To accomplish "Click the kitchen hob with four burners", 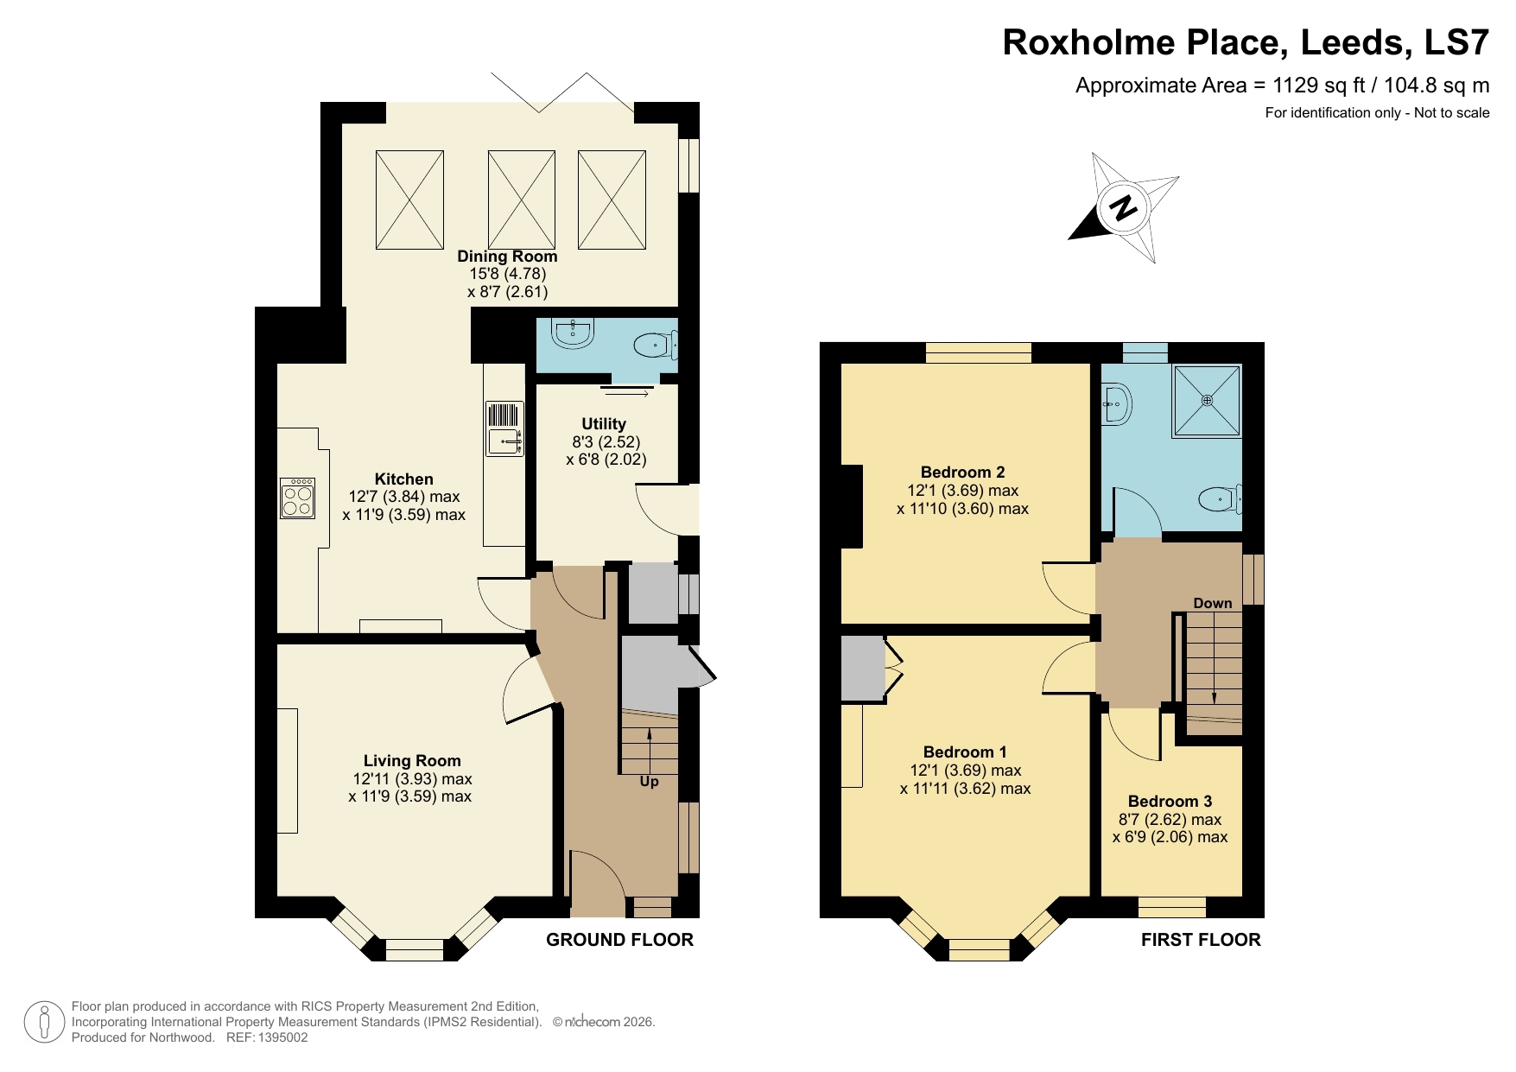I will [297, 498].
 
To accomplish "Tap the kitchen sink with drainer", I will [504, 428].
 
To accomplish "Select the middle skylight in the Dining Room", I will [522, 200].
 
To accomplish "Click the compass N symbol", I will [1123, 207].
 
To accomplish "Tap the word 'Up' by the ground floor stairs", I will [649, 782].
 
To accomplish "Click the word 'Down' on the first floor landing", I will [1212, 603].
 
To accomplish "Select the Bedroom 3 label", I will [1170, 801].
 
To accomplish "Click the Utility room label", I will [603, 423].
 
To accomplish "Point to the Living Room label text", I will [412, 760].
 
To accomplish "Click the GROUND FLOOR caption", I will [619, 940].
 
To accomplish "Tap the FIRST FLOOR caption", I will [1201, 940].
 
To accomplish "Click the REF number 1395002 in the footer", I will [279, 1037].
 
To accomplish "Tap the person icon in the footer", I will [42, 1022].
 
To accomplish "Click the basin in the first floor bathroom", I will [1115, 403].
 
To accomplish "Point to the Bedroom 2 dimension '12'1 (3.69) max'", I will [962, 490].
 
